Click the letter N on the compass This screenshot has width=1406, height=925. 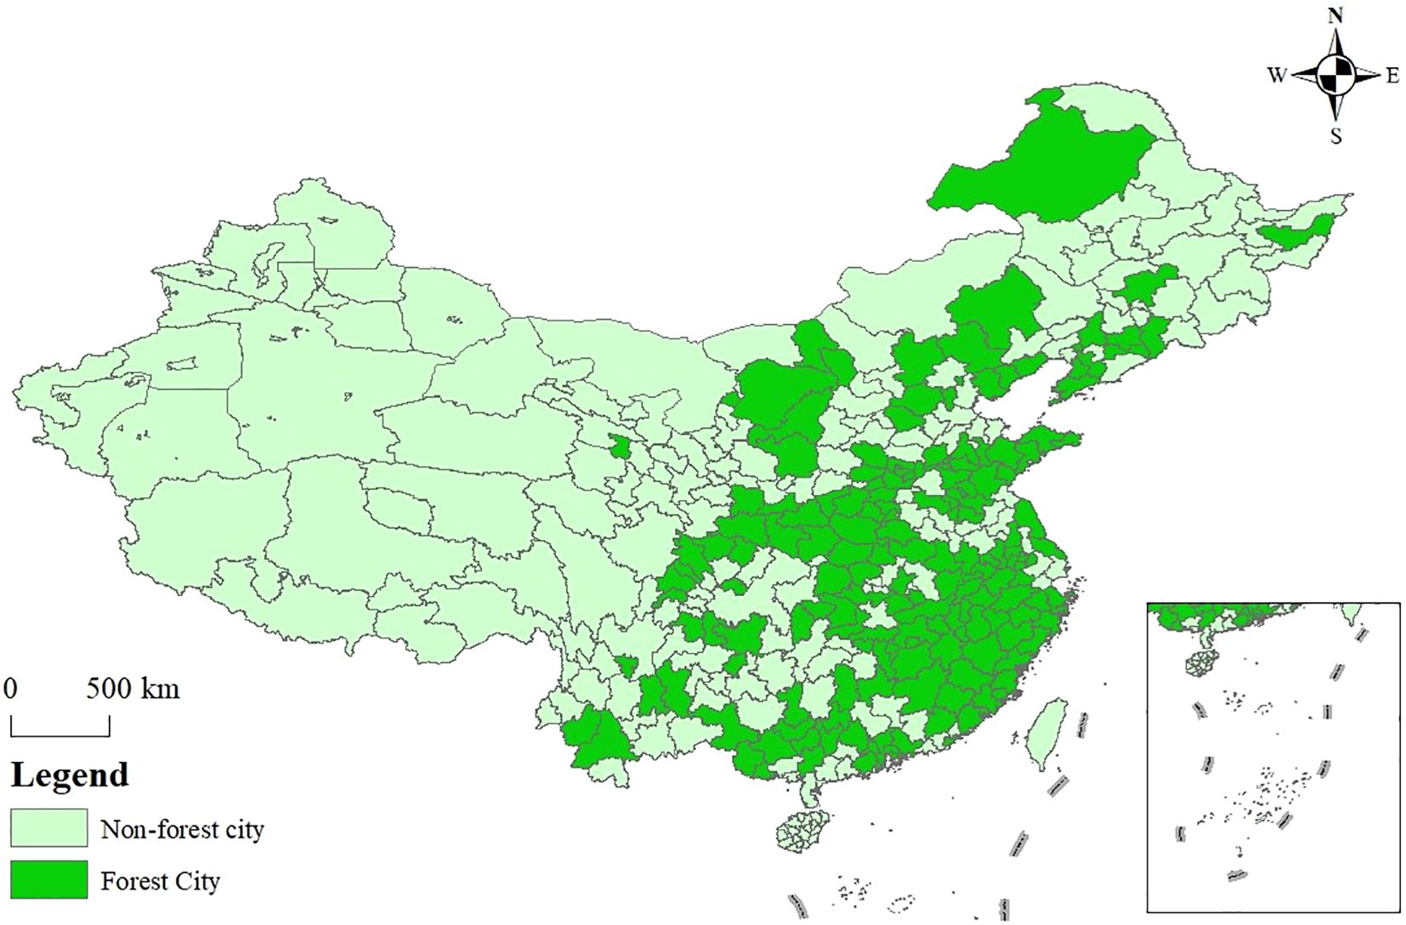1335,16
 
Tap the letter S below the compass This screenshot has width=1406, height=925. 1335,136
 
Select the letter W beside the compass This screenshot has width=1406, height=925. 1277,76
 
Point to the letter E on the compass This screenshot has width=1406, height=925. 1392,76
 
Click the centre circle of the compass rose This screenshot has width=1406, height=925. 1335,76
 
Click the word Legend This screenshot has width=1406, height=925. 70,775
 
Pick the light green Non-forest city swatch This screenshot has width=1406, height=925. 48,828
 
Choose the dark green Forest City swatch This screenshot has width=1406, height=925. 48,880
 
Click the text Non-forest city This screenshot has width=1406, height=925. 182,829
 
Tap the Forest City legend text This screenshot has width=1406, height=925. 160,881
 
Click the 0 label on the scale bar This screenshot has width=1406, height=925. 10,688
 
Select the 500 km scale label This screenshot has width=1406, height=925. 133,688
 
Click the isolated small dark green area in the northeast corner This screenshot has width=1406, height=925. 1294,230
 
